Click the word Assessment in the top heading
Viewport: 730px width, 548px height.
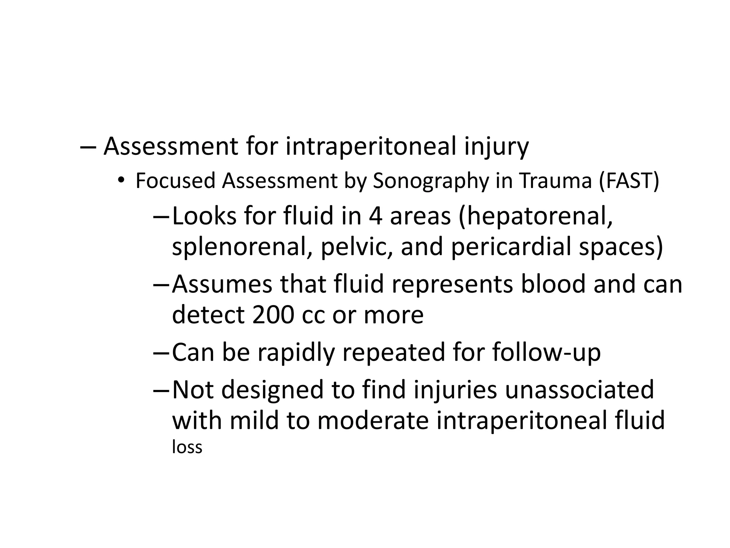[171, 146]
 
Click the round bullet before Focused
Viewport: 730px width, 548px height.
[121, 181]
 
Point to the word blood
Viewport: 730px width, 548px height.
[553, 284]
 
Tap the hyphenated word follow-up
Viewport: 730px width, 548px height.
[546, 352]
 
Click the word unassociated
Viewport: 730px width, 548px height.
[579, 390]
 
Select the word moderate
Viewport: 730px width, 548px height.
[373, 420]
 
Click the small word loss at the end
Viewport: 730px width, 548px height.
[187, 447]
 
